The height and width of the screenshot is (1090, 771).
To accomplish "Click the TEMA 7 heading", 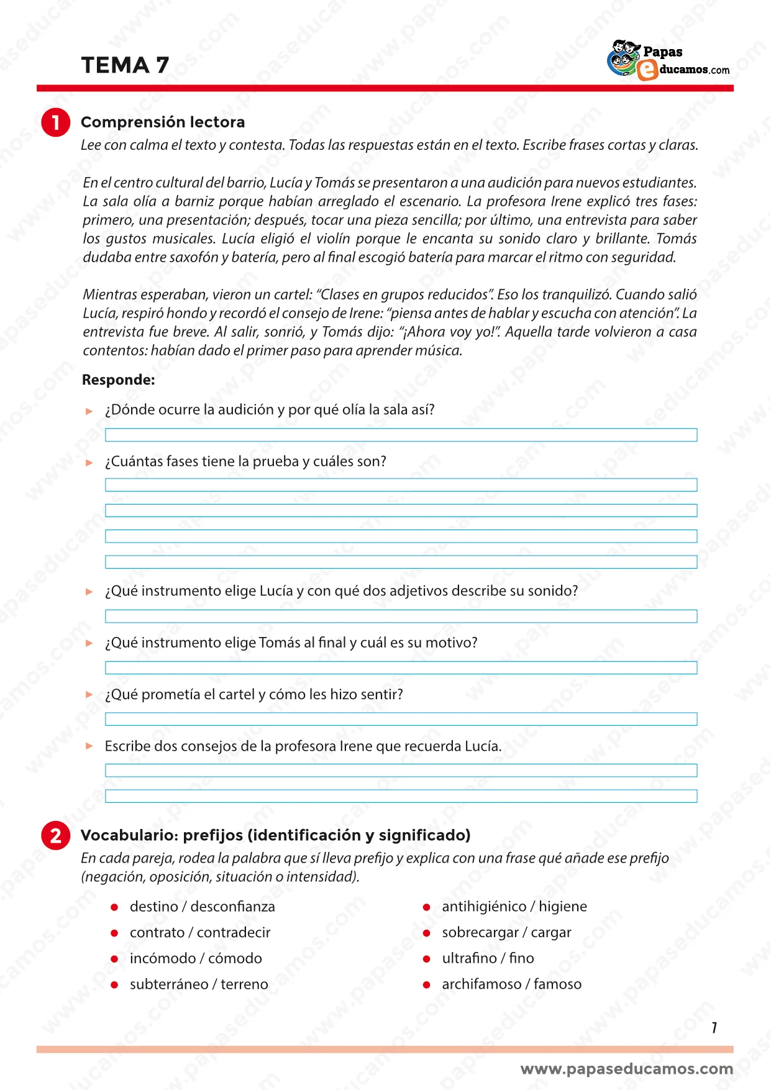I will (125, 65).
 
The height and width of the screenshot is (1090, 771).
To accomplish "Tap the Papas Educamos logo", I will (668, 61).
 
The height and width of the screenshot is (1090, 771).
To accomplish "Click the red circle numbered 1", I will (56, 122).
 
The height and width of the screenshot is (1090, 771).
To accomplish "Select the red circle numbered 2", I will (56, 835).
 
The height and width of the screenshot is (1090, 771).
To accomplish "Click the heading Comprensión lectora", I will (163, 122).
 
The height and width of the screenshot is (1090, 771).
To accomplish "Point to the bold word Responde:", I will (119, 380).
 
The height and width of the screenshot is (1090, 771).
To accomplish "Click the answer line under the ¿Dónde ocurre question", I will (401, 435).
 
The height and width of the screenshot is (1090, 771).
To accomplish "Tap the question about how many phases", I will (245, 462).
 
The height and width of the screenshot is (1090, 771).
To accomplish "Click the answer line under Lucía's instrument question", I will (401, 616).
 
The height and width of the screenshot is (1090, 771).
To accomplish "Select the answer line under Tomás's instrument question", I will (401, 668).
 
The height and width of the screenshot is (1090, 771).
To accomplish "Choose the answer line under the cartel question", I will (401, 720).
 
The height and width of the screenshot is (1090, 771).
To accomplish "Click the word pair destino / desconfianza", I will (202, 907).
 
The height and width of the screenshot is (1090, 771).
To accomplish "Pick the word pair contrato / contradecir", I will (200, 933).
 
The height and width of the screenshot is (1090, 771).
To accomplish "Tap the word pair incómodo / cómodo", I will (196, 959).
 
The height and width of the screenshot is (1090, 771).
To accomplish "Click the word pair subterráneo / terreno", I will (199, 984).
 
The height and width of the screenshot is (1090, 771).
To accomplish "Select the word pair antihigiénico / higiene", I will (514, 907).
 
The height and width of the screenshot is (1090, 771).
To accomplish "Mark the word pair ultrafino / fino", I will (488, 959).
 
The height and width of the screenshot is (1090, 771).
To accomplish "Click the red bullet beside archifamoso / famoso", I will (427, 985).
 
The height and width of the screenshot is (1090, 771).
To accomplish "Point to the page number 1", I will (714, 1028).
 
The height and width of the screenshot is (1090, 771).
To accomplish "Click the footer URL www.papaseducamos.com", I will (627, 1069).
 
